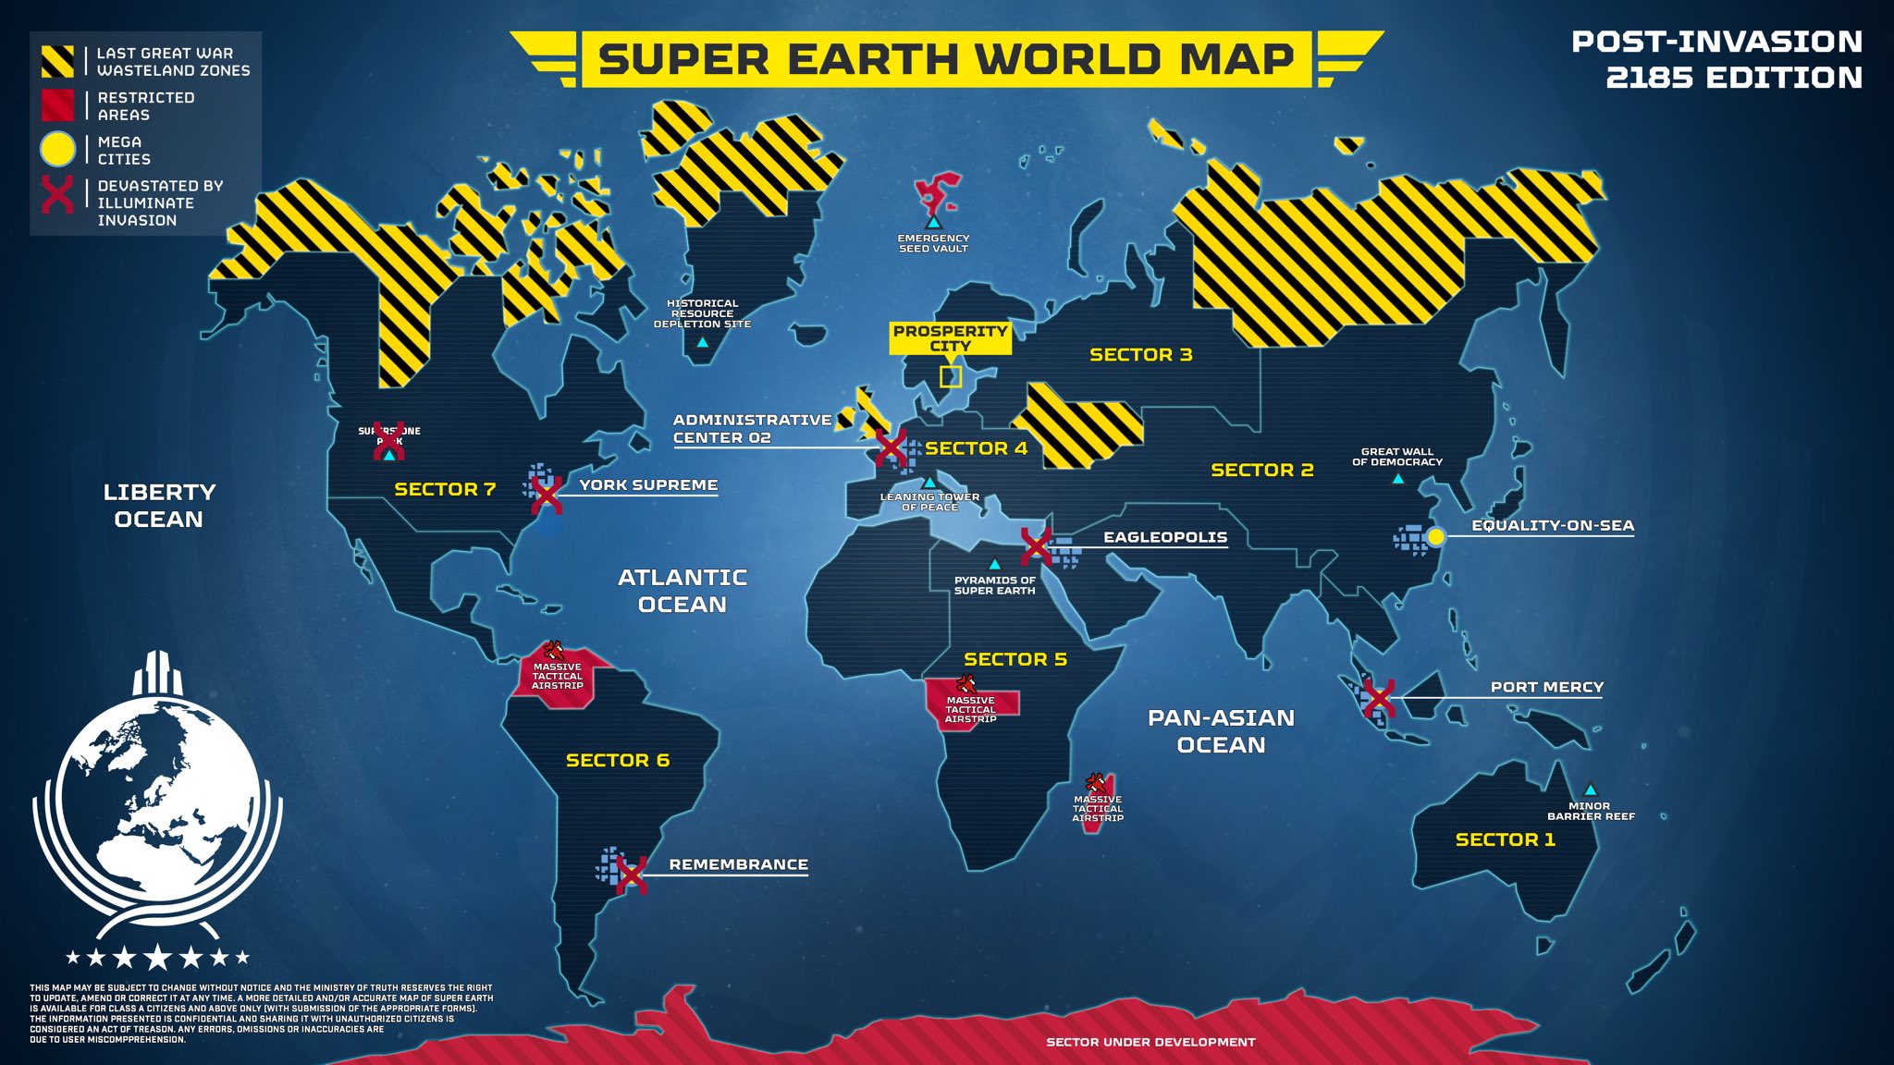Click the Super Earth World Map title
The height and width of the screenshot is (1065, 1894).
[945, 59]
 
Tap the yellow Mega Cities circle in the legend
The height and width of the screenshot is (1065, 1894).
[57, 149]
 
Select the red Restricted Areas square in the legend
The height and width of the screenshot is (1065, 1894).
[57, 104]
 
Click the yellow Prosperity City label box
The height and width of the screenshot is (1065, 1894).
[950, 338]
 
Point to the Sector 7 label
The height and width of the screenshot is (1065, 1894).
[445, 489]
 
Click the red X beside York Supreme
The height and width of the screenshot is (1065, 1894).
[547, 495]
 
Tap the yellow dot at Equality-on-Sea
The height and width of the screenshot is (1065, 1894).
[1435, 536]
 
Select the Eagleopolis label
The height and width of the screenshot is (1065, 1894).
[1165, 537]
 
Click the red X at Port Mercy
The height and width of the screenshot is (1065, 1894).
[1378, 698]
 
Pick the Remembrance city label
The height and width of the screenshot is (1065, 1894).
[738, 864]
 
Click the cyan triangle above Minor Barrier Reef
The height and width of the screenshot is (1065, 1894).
[1590, 790]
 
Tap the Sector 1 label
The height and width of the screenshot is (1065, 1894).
[1505, 839]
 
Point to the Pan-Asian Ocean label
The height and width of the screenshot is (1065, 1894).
[1221, 730]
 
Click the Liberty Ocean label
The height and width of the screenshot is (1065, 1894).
[159, 505]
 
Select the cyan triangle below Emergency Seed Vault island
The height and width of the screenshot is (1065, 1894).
[933, 223]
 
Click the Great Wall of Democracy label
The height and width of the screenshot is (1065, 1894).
[1396, 457]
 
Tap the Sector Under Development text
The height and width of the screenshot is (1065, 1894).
[1150, 1042]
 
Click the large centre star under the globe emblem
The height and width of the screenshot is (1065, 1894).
[157, 957]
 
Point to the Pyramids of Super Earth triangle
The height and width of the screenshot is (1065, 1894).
[994, 564]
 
